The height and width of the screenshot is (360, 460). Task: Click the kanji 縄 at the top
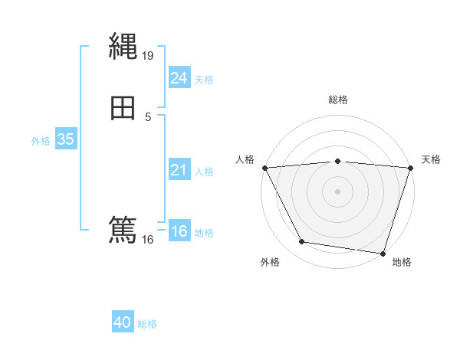[x=123, y=47]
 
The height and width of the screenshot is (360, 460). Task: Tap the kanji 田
[x=123, y=109]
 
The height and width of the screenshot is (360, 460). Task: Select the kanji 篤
[x=123, y=230]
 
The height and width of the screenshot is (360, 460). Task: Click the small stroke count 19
[x=149, y=55]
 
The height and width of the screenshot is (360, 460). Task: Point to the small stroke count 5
[x=148, y=116]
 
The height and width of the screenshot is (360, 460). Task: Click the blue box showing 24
[x=179, y=78]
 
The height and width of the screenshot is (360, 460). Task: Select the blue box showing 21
[x=179, y=170]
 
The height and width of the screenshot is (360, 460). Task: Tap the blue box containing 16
[x=179, y=231]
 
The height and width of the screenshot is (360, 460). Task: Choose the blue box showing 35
[x=65, y=139]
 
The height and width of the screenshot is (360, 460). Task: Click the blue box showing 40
[x=123, y=322]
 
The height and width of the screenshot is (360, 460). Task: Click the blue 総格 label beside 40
[x=147, y=324]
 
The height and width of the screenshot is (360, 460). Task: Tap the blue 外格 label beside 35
[x=41, y=141]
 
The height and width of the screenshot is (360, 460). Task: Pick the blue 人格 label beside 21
[x=205, y=172]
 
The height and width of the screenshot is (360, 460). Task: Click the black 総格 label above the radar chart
[x=337, y=100]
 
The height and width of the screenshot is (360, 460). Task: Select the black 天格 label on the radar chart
[x=431, y=159]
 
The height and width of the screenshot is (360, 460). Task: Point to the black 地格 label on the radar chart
[x=402, y=262]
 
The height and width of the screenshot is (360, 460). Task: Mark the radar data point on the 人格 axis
[x=264, y=167]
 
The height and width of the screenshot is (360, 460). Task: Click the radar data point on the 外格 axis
[x=302, y=242]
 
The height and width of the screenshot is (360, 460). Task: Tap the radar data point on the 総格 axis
[x=337, y=161]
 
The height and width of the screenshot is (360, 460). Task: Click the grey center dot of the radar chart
[x=337, y=191]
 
